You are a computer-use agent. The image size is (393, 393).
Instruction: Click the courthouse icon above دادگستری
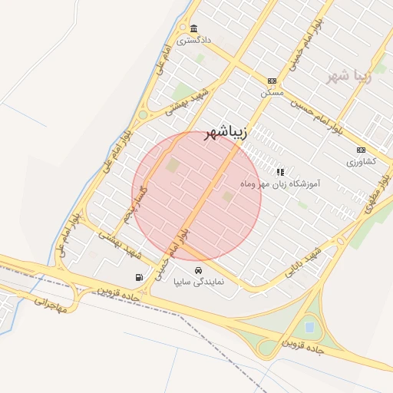click(x=193, y=28)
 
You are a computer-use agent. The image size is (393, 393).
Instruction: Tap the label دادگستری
click(x=193, y=40)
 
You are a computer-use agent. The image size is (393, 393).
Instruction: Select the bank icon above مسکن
click(x=272, y=81)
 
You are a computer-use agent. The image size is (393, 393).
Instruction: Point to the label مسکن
click(x=272, y=92)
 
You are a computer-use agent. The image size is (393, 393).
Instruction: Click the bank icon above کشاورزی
click(x=361, y=150)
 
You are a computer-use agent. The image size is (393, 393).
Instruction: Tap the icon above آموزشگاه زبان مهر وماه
click(x=280, y=173)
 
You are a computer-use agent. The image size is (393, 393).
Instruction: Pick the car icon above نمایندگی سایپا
click(x=199, y=270)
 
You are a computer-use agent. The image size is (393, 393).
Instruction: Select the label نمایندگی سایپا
click(x=199, y=282)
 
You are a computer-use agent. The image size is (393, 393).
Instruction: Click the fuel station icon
click(x=138, y=277)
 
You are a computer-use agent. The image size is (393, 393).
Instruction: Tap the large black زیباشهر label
click(x=226, y=134)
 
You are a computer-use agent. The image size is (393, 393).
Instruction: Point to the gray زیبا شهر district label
click(x=348, y=76)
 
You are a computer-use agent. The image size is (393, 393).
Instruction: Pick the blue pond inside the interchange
click(x=309, y=328)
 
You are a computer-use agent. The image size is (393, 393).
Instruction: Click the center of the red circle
click(x=196, y=196)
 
